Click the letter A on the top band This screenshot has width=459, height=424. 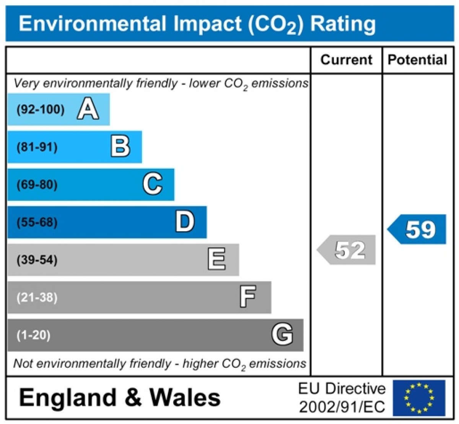88,109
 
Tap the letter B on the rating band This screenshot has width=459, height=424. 120,147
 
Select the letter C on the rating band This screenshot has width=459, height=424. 153,184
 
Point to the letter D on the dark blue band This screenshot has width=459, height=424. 185,222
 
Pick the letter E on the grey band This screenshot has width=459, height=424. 216,259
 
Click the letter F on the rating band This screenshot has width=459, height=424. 247,297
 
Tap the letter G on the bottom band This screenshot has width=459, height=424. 282,334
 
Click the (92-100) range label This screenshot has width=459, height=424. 40,110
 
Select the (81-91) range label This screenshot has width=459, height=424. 37,147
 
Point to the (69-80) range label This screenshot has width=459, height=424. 37,185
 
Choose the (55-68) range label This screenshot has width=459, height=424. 37,222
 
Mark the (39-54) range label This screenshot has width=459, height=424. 37,260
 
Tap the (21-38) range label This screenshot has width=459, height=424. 37,298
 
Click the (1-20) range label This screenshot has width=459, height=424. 33,335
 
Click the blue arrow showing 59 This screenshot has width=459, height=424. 418,229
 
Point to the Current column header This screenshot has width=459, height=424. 346,60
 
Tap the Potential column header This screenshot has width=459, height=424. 417,60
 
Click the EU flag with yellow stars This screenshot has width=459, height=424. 419,398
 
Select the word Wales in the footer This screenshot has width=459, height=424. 185,398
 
